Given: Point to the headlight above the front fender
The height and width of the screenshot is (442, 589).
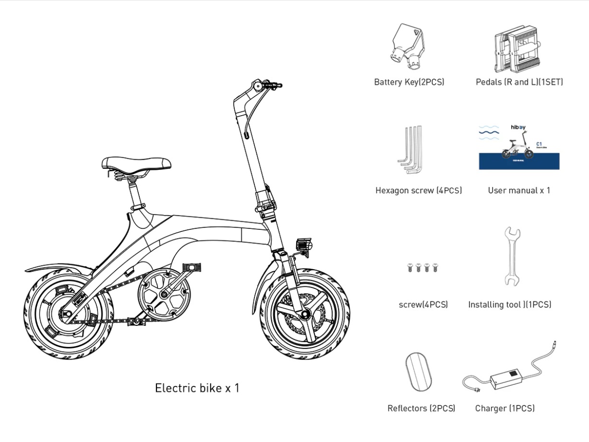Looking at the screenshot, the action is pos(303,244).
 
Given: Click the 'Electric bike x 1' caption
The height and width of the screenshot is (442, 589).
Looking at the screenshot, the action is pos(197,388).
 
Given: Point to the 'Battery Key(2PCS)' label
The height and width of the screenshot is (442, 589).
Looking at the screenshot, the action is pos(409,82).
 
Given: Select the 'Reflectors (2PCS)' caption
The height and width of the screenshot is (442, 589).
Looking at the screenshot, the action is pos(421,408).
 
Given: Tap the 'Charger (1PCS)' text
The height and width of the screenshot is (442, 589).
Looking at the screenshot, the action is pos(505,408).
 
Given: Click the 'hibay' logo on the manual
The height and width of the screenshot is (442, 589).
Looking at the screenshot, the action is pos(517,128).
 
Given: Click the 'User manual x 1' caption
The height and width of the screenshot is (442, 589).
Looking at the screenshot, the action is pos(519,191).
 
